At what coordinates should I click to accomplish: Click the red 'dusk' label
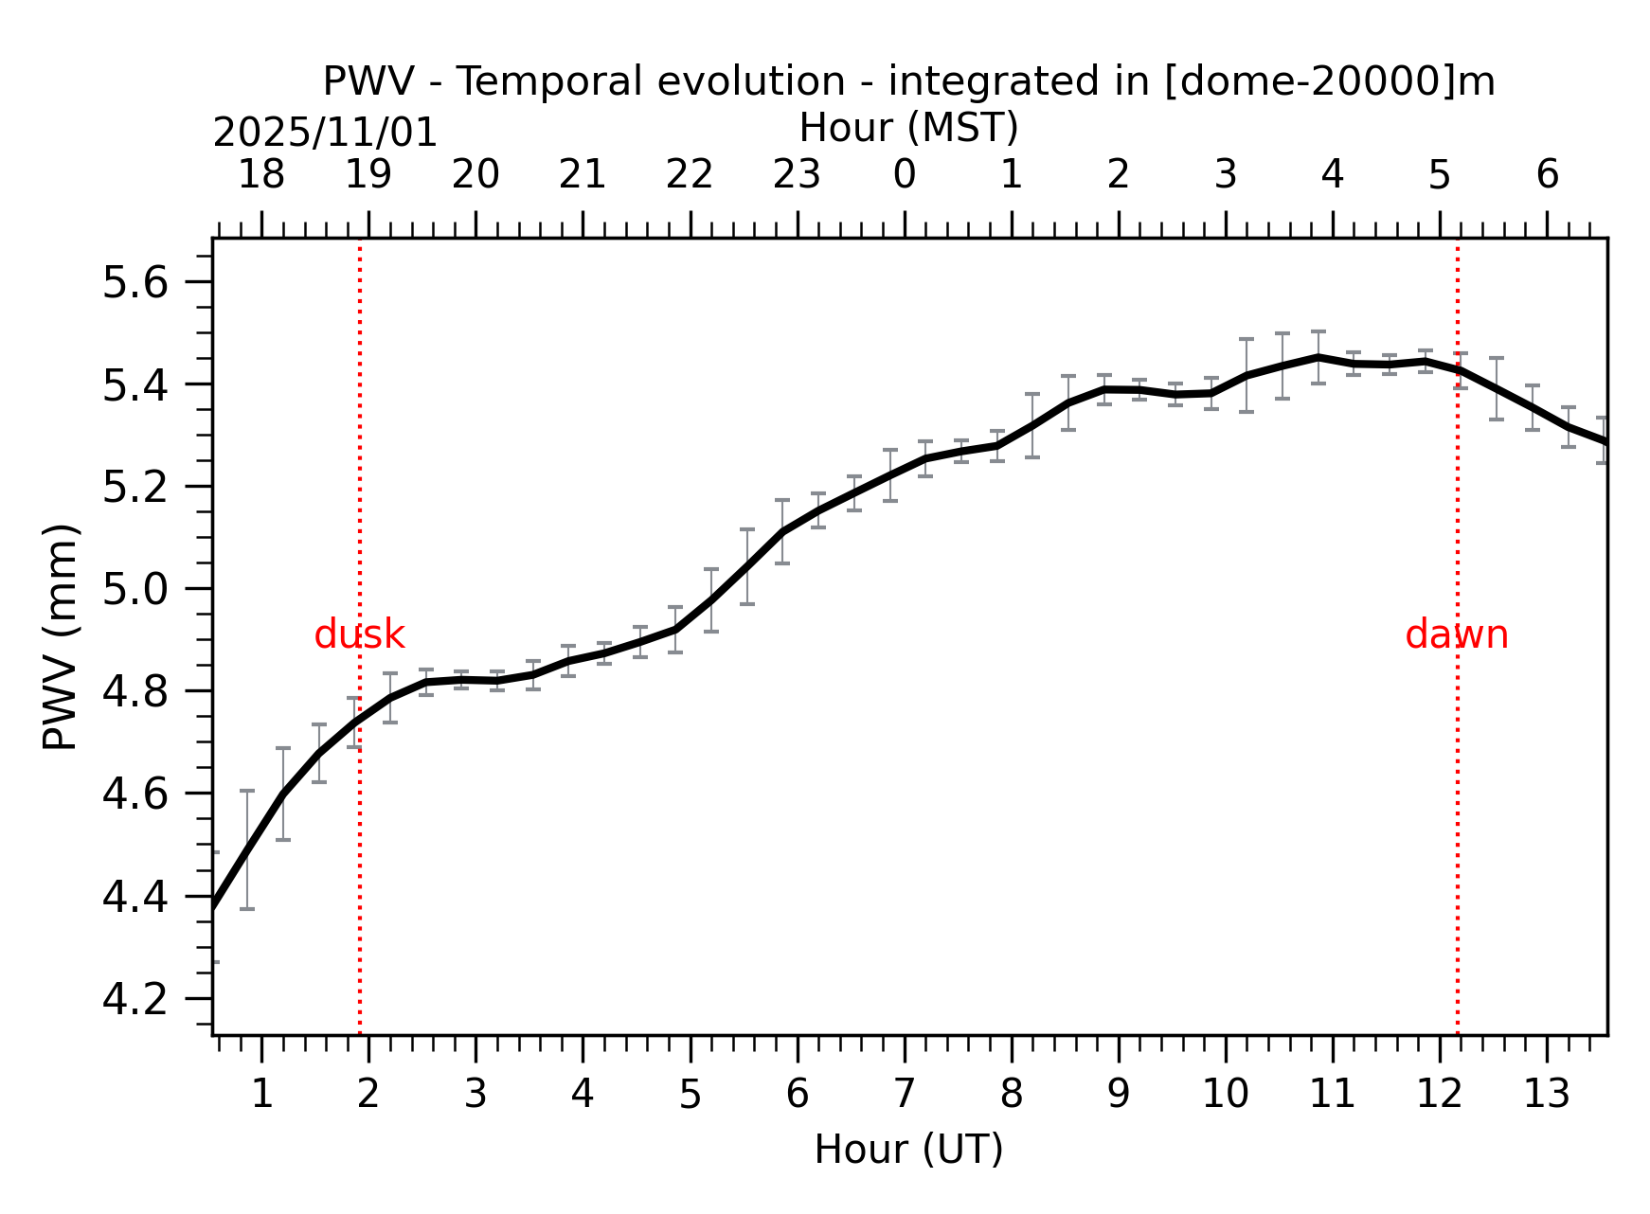point(359,635)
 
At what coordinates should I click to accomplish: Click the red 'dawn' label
point(1456,635)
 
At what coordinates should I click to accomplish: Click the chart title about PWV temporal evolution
point(908,81)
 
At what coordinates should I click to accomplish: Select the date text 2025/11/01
point(325,133)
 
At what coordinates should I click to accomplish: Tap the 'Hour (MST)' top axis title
point(908,128)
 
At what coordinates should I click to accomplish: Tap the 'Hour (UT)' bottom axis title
point(908,1150)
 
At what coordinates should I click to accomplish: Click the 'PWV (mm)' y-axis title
point(60,636)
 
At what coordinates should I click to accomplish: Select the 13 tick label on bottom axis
point(1547,1095)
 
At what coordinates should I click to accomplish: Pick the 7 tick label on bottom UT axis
point(905,1095)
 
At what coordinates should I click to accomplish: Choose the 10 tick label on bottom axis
point(1226,1095)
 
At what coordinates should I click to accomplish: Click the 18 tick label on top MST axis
point(260,175)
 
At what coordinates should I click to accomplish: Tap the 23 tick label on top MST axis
point(797,175)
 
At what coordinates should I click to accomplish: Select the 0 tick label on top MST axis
point(905,175)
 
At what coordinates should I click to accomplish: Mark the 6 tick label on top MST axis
point(1547,175)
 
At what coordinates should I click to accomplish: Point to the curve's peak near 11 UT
point(1318,357)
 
